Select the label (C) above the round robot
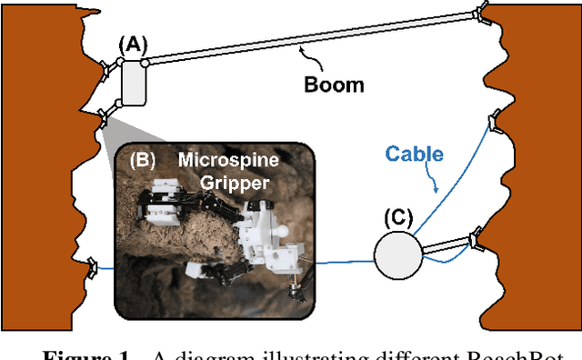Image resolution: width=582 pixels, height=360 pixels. [398, 217]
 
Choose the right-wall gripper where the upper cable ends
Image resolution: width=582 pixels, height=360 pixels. [495, 119]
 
